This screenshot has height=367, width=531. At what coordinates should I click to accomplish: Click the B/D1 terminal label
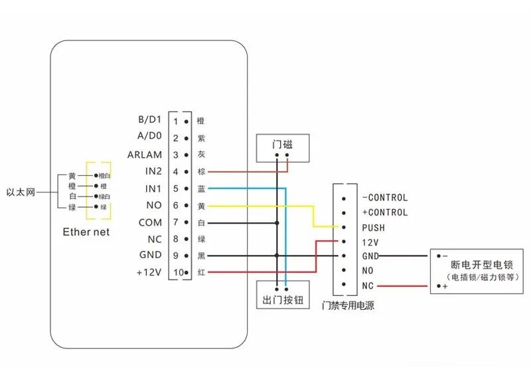[x=149, y=120]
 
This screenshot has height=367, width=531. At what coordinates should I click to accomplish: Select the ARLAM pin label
[x=145, y=155]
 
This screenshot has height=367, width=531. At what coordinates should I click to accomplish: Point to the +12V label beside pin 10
[x=148, y=272]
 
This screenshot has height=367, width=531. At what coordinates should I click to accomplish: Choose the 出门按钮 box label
[x=282, y=300]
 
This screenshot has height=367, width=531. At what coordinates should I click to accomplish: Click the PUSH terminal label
[x=374, y=228]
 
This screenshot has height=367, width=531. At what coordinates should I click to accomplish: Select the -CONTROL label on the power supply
[x=385, y=197]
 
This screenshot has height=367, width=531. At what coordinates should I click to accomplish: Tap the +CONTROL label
[x=385, y=212]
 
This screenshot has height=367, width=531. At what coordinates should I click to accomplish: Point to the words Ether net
[x=86, y=232]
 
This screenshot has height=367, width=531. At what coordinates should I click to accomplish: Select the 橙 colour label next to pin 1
[x=201, y=121]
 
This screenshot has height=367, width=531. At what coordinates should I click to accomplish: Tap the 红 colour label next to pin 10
[x=201, y=273]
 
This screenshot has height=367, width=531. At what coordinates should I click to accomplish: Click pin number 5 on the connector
[x=176, y=189]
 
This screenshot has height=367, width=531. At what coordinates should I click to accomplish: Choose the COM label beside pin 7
[x=150, y=222]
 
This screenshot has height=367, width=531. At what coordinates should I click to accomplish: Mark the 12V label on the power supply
[x=370, y=242]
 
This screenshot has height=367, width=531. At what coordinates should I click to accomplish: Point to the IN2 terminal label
[x=153, y=172]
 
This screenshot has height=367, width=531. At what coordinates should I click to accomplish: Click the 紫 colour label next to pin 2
[x=201, y=138]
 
